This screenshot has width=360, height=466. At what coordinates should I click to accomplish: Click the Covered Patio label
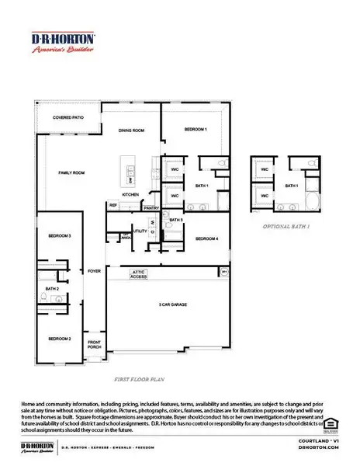(x=67, y=117)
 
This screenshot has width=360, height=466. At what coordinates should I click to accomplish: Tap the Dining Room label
(x=132, y=130)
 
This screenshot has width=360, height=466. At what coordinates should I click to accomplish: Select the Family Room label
(x=71, y=172)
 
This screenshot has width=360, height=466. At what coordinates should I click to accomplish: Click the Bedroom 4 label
(x=206, y=238)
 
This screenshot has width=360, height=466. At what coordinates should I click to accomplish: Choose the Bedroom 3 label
(x=60, y=235)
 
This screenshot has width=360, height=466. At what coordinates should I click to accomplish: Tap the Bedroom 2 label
(x=60, y=339)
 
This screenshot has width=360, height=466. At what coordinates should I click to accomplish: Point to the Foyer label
(x=95, y=272)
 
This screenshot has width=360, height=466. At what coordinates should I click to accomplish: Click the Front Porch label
(x=94, y=345)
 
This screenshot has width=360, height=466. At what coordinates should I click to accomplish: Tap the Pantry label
(x=151, y=208)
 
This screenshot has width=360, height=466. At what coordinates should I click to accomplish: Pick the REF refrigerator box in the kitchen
(x=113, y=205)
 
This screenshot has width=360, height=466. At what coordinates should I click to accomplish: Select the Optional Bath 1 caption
(x=287, y=226)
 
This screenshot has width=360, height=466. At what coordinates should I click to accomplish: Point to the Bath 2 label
(x=52, y=289)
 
